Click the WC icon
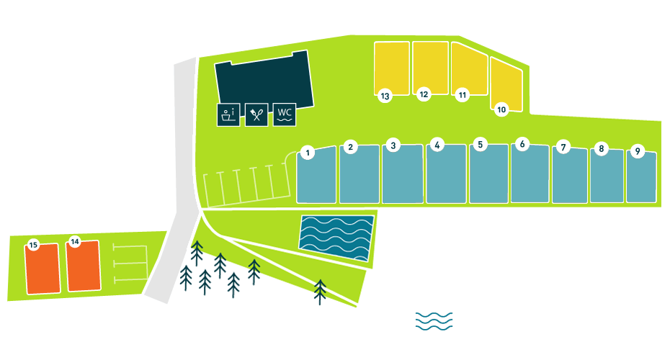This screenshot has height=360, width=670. (285, 114)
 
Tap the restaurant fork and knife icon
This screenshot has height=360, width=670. (256, 114)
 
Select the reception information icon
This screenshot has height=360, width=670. (228, 114)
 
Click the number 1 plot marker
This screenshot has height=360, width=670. (308, 153)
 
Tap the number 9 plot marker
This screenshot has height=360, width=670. (637, 151)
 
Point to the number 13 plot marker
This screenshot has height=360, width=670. (385, 96)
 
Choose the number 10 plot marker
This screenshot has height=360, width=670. (502, 109)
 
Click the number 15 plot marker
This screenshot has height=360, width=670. (33, 245)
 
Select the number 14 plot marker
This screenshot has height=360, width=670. (74, 241)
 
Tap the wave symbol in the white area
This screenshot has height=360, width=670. (434, 321)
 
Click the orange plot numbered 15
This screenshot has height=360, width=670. (43, 270)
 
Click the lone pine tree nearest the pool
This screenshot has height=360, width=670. (320, 291)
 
